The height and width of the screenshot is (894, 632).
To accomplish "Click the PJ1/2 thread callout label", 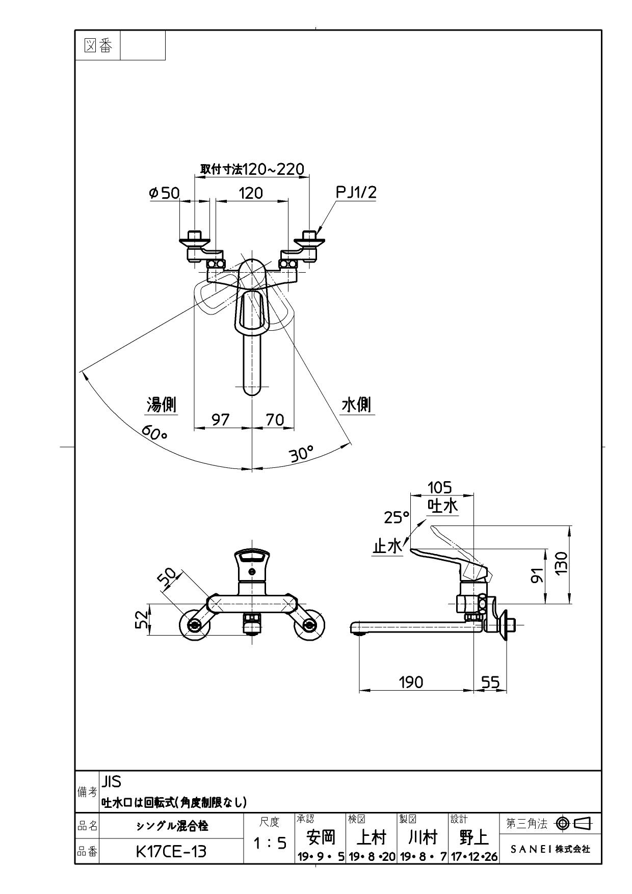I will (x=356, y=192).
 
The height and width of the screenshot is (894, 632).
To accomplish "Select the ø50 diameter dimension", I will (x=164, y=193).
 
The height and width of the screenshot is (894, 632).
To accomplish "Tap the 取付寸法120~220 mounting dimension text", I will (x=252, y=169).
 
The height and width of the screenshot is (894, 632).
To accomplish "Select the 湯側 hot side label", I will (x=162, y=405).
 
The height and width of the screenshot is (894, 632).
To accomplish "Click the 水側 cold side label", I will (x=356, y=405).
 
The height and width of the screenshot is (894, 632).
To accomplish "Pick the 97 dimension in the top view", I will (x=221, y=419).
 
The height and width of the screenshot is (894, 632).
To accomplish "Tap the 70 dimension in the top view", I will (x=275, y=419).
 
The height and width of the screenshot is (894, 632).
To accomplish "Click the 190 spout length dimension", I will (x=411, y=682).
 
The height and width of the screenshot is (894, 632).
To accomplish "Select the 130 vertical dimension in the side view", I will (x=561, y=563).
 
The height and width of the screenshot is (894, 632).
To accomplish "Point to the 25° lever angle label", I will (x=397, y=517).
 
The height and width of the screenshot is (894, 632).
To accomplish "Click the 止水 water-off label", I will (x=387, y=546).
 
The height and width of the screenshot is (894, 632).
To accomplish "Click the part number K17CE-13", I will (x=171, y=851).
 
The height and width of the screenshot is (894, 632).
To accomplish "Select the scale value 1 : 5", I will (x=270, y=844).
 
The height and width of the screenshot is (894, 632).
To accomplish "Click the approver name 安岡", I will (x=321, y=837).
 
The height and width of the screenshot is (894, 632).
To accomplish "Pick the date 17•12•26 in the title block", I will (x=474, y=857).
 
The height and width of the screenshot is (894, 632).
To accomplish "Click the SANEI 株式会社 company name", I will (x=550, y=849).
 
